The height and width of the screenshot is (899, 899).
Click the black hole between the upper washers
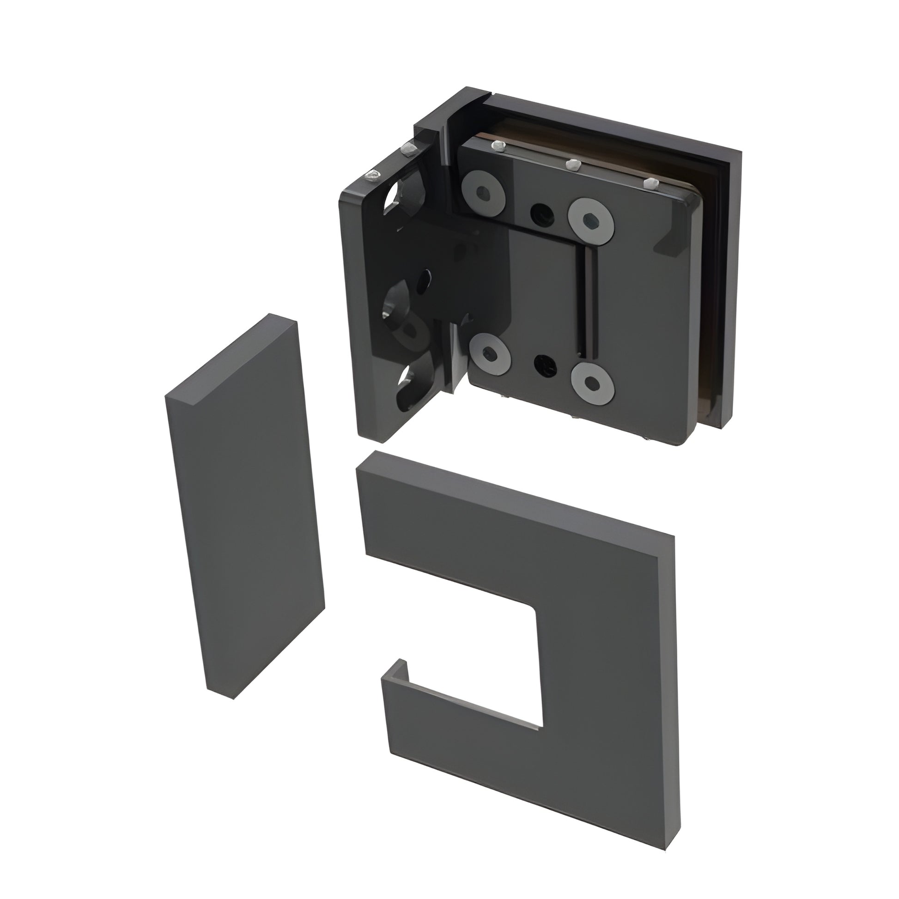point(541,213)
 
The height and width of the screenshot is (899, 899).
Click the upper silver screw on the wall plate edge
point(410,147)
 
